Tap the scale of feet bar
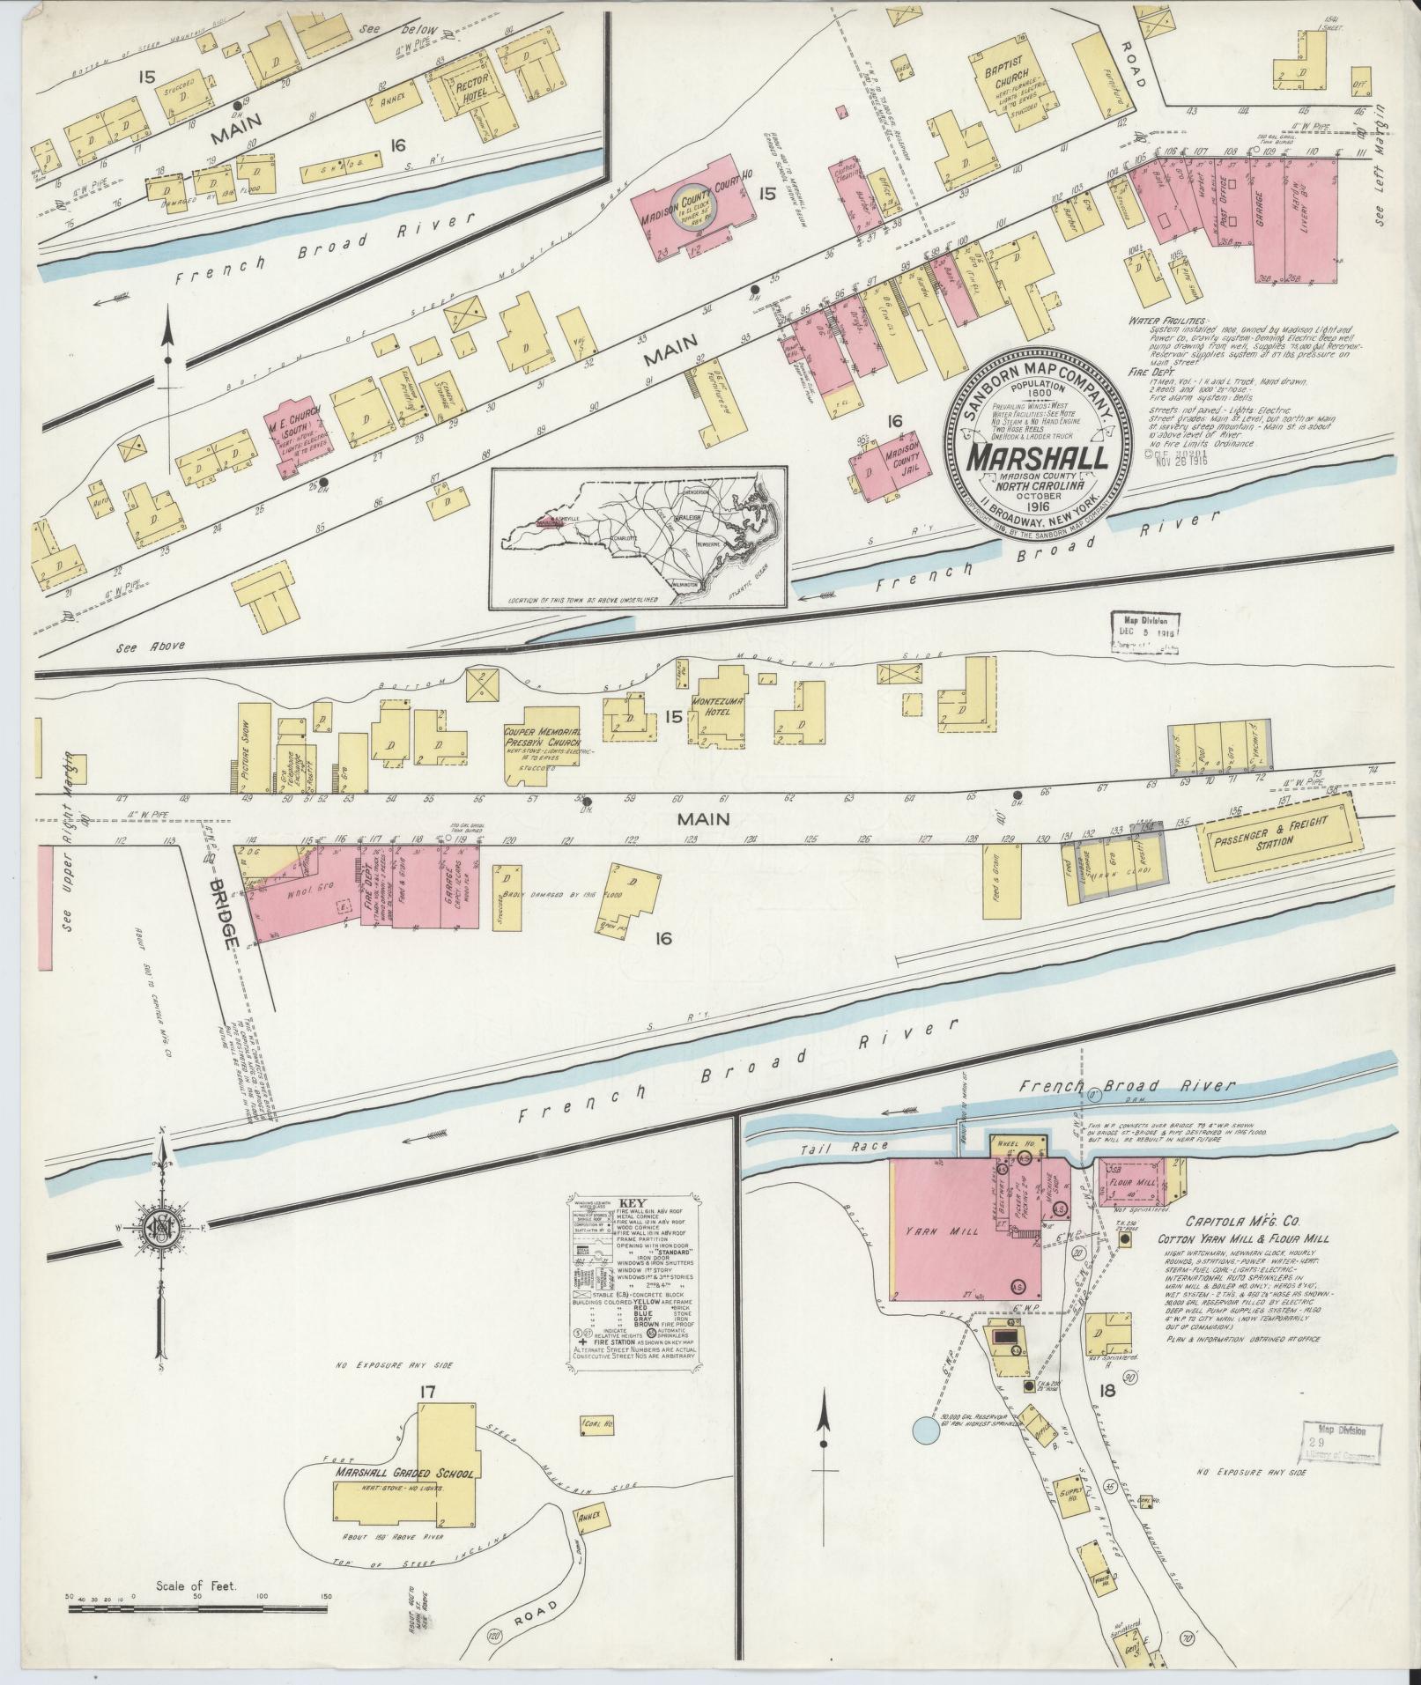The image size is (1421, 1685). click(x=197, y=1610)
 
